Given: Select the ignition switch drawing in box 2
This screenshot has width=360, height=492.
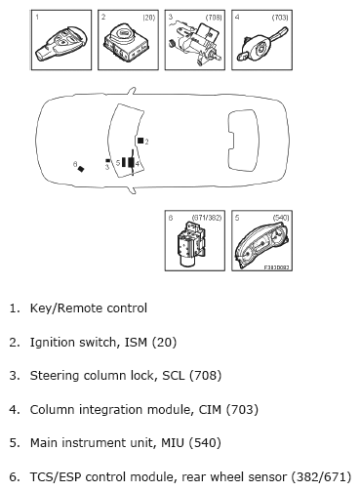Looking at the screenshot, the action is click(x=127, y=42).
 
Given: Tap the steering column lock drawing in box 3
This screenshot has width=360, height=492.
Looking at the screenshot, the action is click(x=195, y=43).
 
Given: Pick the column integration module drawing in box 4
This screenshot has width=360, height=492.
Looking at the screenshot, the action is click(x=262, y=46).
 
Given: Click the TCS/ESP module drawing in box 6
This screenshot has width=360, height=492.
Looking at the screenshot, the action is click(x=191, y=243).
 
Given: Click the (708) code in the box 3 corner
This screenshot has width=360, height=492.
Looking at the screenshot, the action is click(x=214, y=18).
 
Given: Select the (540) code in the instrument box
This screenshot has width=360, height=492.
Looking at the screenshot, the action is click(x=281, y=218).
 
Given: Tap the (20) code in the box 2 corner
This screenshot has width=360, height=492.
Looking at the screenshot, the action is click(x=149, y=18).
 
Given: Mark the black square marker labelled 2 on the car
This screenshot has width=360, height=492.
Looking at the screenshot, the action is click(x=140, y=141).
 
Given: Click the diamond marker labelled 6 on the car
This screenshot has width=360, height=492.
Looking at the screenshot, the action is click(x=81, y=169).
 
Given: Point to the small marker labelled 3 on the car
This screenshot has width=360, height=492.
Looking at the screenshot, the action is click(x=107, y=160).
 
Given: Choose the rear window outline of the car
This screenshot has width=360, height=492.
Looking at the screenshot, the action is click(x=244, y=140).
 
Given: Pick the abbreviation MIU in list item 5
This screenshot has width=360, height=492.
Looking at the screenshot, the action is click(x=173, y=443).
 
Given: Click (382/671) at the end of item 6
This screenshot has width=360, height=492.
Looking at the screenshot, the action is click(x=321, y=477).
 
